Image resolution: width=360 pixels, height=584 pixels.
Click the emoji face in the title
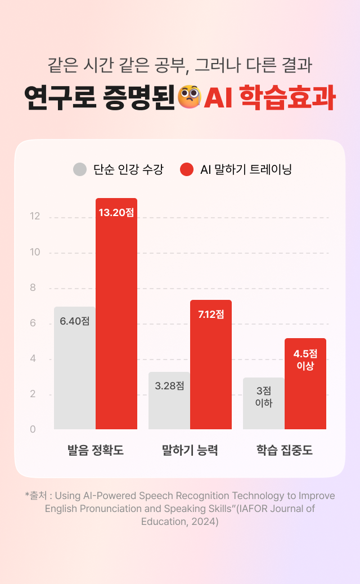tap(189, 97)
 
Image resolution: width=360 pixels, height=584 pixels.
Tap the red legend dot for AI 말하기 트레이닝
tap(187, 169)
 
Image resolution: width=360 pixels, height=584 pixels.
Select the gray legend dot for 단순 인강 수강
tap(80, 169)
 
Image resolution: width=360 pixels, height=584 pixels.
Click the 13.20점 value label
tap(116, 213)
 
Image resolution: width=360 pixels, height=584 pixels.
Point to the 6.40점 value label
tap(75, 321)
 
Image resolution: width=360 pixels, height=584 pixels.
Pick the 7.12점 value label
tap(211, 315)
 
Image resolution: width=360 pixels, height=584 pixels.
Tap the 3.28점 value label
tap(169, 386)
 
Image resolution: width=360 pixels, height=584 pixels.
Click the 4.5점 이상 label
tap(305, 360)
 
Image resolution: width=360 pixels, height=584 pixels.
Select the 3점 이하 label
tap(264, 397)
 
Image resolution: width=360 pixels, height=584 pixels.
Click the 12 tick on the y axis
tap(35, 217)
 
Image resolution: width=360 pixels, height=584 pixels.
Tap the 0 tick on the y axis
tap(33, 429)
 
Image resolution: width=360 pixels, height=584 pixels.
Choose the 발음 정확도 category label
tap(95, 450)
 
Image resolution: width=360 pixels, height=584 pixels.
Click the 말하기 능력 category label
tap(190, 450)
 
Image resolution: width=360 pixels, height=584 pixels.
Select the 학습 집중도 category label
tap(284, 450)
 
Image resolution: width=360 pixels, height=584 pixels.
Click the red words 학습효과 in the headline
tap(287, 97)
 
